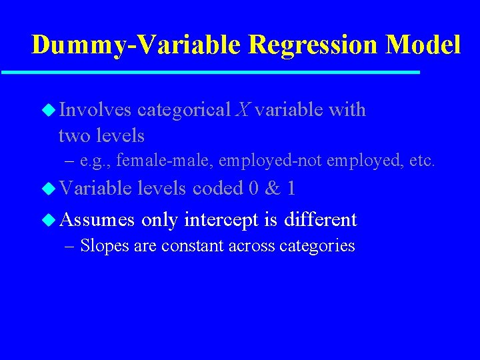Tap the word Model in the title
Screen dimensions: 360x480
423,45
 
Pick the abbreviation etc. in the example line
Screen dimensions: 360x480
421,161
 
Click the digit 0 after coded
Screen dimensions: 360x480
253,189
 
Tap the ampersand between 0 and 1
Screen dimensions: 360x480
273,189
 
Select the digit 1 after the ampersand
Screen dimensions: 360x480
291,189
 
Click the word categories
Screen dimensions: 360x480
321,245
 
